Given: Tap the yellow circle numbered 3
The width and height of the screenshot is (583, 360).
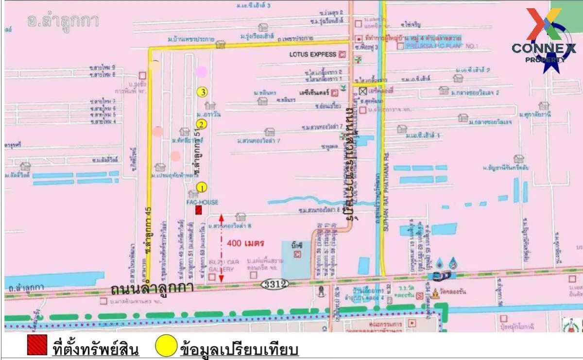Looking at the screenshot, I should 202,91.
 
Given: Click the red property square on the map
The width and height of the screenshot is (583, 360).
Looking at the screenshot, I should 199,209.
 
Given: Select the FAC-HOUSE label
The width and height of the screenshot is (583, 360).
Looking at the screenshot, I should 202,202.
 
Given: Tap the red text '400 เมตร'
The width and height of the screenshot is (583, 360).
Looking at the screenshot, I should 246,242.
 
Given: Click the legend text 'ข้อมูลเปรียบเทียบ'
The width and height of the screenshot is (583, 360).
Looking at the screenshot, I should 239,349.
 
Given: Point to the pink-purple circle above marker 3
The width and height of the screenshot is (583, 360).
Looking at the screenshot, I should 201,72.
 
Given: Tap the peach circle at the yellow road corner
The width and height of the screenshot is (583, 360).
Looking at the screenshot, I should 155,66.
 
